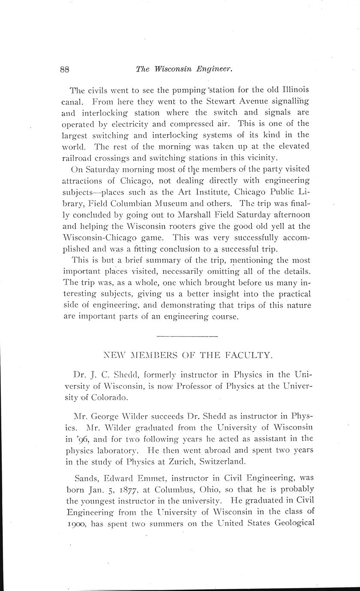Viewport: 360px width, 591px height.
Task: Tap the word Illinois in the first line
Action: click(x=289, y=90)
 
